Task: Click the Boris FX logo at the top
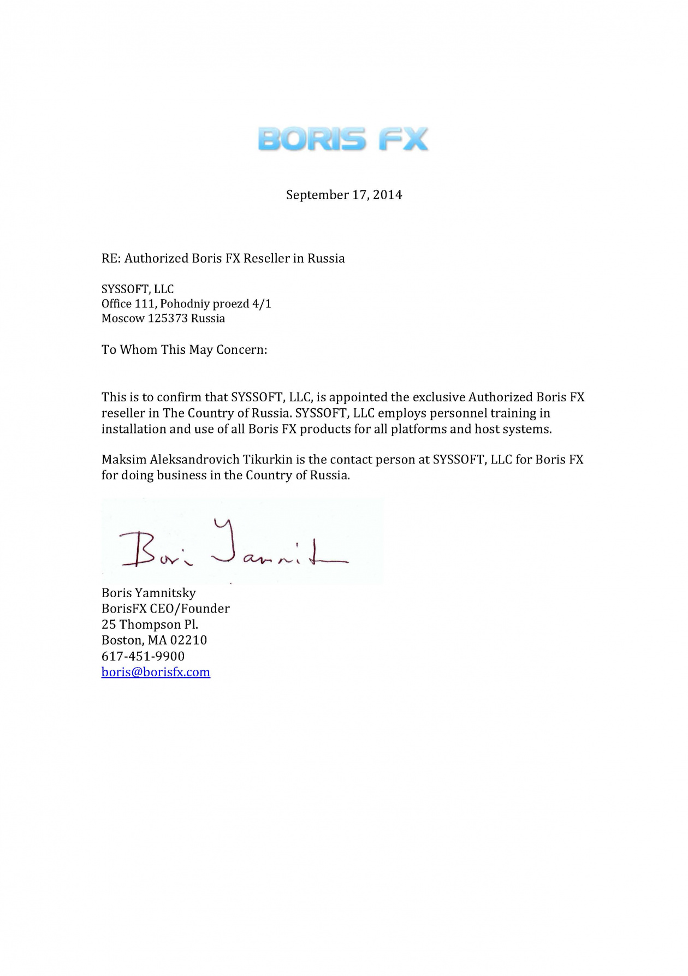(x=343, y=139)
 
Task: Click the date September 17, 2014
(x=344, y=195)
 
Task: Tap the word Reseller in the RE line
(x=266, y=258)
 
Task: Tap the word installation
(x=134, y=429)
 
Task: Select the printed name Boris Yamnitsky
(x=149, y=593)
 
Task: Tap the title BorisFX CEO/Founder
(x=165, y=609)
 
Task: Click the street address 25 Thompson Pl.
(x=150, y=624)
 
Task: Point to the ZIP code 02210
(x=188, y=640)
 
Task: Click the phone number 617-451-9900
(x=143, y=656)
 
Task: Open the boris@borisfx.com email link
(x=156, y=672)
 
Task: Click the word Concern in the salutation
(x=241, y=349)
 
